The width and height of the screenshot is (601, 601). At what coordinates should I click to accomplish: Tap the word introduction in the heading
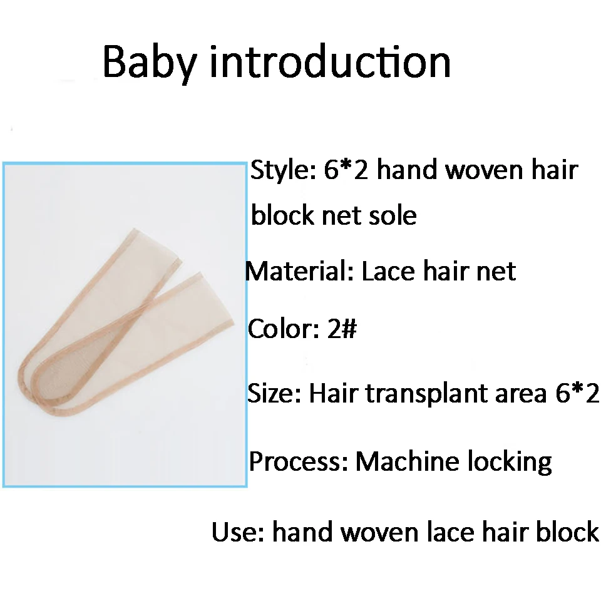click(x=330, y=61)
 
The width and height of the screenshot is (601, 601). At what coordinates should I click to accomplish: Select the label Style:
click(x=283, y=171)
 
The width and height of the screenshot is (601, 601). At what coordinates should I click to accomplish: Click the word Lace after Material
click(x=388, y=271)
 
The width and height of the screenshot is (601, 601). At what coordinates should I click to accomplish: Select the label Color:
click(x=284, y=329)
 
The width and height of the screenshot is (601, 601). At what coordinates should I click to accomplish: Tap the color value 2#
click(x=342, y=329)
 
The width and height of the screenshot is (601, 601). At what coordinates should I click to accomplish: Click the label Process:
click(x=299, y=461)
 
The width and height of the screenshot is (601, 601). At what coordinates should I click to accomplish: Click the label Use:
click(x=238, y=532)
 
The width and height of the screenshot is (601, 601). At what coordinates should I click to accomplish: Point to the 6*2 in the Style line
click(x=346, y=170)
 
